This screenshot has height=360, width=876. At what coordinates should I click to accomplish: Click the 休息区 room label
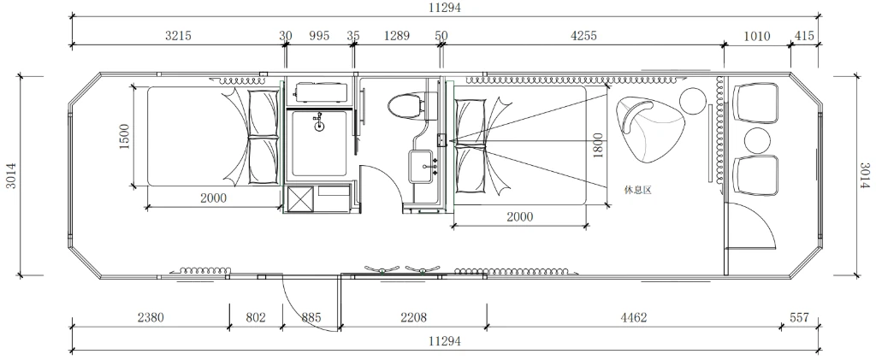637,190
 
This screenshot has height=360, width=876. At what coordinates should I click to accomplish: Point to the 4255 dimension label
583,36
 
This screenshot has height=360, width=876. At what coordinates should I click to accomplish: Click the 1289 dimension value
397,36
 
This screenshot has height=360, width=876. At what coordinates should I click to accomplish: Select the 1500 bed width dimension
124,136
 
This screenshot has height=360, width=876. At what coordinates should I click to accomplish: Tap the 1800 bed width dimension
598,145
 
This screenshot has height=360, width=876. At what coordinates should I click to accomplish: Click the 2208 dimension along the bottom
413,317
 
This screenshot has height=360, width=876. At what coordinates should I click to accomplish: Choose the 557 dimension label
800,317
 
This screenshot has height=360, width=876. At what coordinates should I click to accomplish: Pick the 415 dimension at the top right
803,36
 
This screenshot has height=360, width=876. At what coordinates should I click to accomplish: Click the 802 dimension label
256,317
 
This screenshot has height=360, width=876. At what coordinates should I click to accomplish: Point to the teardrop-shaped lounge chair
648,129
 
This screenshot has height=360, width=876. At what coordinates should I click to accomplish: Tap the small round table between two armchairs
758,139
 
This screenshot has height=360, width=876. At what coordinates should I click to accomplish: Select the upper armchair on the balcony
758,103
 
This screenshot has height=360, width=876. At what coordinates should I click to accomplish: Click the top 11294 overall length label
445,8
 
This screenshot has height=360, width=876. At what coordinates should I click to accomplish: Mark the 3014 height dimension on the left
11,175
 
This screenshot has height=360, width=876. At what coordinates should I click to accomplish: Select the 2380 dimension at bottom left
151,317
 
